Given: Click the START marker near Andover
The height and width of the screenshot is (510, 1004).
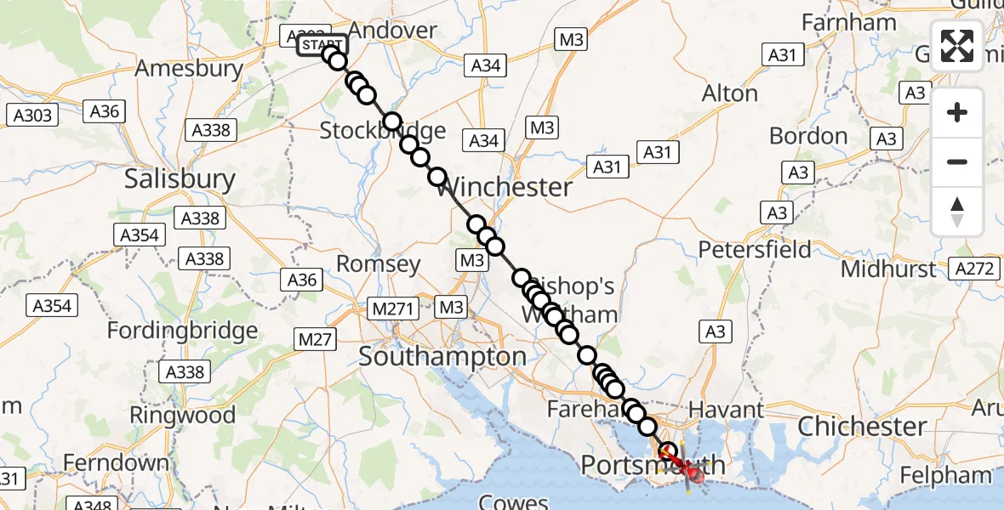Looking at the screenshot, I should point(322,45).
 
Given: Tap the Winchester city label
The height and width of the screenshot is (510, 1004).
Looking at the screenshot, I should point(505,187).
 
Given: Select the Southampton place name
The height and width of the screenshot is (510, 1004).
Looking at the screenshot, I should point(442,357).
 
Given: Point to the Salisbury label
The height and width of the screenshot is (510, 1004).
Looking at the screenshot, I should point(180,178).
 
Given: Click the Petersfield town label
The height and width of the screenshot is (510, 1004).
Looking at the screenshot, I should point(755,250).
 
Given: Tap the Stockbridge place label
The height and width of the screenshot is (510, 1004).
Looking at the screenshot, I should point(382,131).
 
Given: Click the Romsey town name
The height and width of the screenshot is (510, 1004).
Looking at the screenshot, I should point(379,264).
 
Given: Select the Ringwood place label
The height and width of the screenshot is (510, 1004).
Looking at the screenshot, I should point(182,416).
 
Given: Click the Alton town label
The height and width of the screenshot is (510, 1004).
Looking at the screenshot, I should point(729,93).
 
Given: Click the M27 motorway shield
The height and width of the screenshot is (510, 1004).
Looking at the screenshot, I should point(315,339).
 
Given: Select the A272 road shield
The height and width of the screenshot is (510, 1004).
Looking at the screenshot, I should point(974,269).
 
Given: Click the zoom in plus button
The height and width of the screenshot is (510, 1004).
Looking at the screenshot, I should point(957,112).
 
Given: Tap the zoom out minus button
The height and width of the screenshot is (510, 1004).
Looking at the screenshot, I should point(957,161).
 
